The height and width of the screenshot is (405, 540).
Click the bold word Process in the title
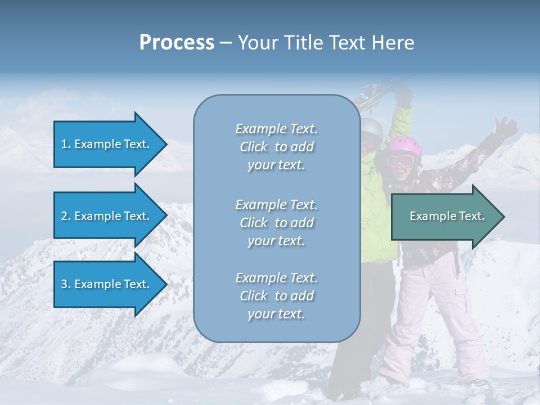coord(177,43)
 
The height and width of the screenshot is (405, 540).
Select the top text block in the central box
coord(276,147)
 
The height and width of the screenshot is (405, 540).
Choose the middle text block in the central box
coord(276,223)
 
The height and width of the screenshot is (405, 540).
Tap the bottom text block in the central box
coord(276,296)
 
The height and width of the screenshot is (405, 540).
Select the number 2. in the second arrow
coord(66,216)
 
